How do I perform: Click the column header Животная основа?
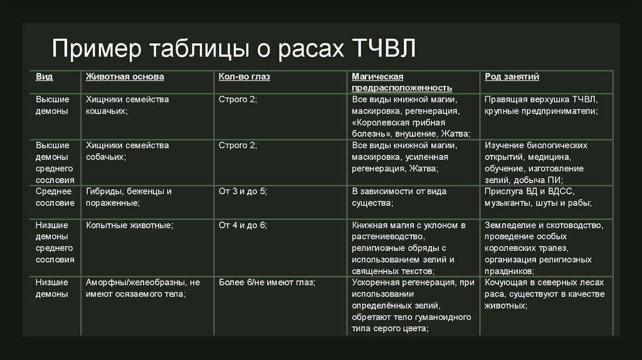point(125,77)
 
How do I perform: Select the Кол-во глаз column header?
point(244,77)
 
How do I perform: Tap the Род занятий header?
point(512,77)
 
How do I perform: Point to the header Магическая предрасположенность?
point(402,82)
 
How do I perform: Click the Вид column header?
point(44,77)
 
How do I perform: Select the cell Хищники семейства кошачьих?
point(127,105)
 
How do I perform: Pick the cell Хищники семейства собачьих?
point(127,151)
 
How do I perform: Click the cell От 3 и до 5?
point(243,191)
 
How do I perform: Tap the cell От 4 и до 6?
point(243,225)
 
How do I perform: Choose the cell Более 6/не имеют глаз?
point(266,282)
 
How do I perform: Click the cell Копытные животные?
point(129,225)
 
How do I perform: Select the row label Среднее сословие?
point(55,197)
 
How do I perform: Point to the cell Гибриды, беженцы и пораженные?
point(129,197)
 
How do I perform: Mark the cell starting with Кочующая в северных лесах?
point(544,294)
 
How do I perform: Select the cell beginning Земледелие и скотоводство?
point(544,248)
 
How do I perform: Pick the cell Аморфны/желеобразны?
point(142,288)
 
